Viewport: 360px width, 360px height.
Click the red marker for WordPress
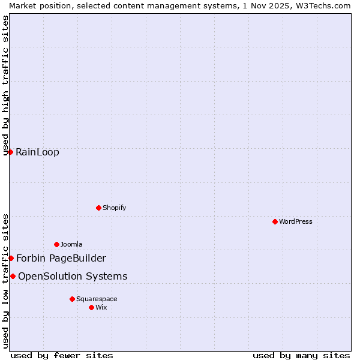point(275,221)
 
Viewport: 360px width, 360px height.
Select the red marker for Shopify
point(98,208)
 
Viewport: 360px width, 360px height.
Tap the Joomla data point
point(56,244)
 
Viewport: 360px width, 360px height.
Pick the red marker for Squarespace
point(72,299)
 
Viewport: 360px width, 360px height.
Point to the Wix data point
point(91,307)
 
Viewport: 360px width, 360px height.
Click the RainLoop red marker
point(10,152)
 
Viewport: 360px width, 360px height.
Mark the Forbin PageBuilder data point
point(11,258)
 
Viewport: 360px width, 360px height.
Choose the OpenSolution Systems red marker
point(13,276)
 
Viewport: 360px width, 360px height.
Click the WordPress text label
point(295,221)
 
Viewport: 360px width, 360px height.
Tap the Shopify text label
point(114,208)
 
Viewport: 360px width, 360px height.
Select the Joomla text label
point(71,244)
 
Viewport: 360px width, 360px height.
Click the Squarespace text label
point(97,299)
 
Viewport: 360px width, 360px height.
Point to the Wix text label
point(101,307)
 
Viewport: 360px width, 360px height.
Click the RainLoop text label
point(37,152)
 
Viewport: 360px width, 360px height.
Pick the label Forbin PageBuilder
point(61,258)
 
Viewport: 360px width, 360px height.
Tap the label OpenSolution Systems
point(73,276)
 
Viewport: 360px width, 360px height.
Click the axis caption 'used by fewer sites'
point(62,355)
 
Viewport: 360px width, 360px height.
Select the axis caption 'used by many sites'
point(301,355)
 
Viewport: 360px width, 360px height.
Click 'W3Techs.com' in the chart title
point(326,5)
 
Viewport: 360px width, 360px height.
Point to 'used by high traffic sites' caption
point(6,85)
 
